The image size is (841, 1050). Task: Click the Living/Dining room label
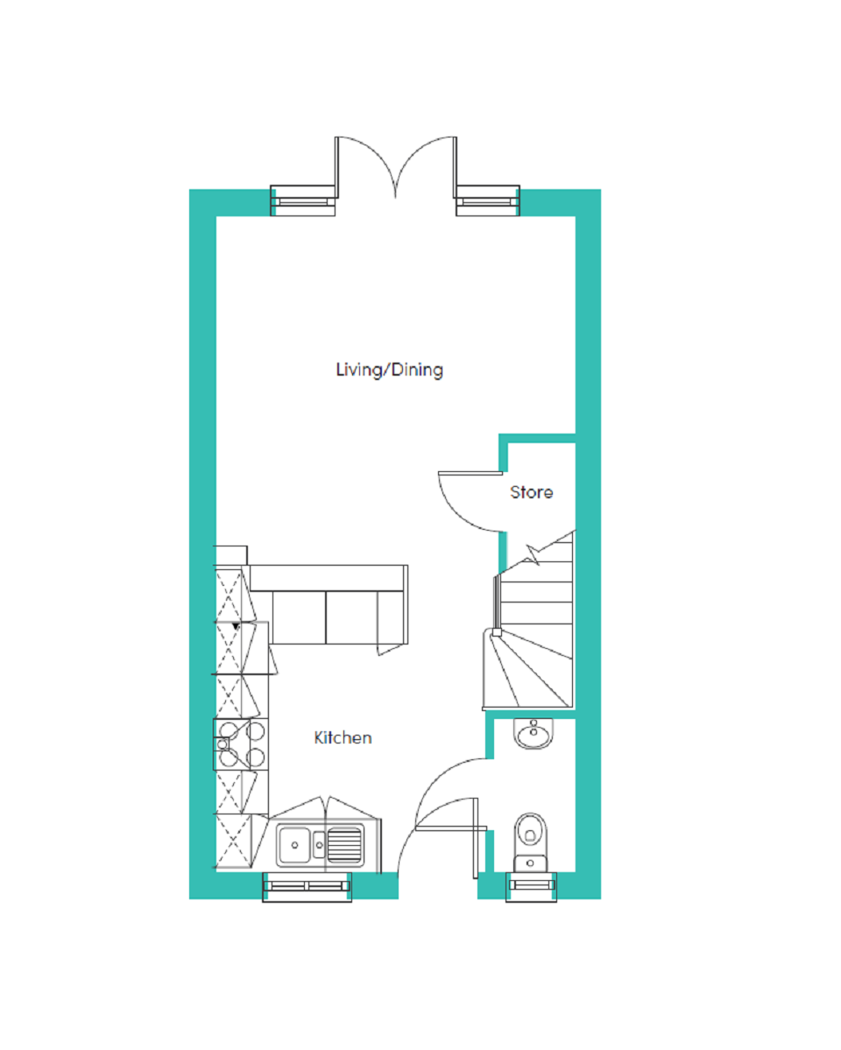(389, 370)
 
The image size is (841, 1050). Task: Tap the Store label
(532, 492)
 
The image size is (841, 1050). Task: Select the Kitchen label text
(343, 737)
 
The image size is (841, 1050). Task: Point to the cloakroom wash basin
(534, 733)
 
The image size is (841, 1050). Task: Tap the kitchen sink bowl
(294, 845)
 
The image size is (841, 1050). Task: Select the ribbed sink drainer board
(345, 845)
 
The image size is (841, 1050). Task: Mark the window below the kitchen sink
(307, 886)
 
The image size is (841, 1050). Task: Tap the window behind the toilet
(532, 886)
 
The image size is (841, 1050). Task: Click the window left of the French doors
(303, 201)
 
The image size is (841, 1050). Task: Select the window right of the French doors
(488, 201)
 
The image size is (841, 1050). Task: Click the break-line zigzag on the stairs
(534, 554)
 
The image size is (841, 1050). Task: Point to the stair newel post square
(497, 632)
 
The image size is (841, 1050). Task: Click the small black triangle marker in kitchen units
(236, 627)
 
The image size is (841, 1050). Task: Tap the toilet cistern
(531, 863)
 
